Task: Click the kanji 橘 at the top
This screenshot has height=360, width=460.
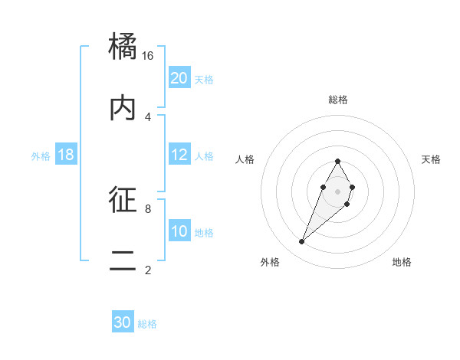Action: pos(124,47)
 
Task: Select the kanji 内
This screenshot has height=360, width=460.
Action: pos(124,108)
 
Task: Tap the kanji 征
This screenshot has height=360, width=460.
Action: pos(124,200)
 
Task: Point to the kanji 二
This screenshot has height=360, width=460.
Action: pos(124,260)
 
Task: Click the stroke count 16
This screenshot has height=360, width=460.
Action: pos(148,56)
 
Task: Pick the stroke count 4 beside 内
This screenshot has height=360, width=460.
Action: pos(148,116)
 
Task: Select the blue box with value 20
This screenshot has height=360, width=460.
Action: pos(179,78)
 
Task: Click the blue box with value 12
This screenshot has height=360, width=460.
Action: pos(179,155)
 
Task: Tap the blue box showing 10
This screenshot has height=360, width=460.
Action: pos(179,231)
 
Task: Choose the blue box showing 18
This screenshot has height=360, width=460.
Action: pos(66,155)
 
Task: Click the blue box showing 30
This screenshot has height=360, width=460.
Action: pos(123,322)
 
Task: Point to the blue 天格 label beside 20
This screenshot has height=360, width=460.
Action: pos(204,79)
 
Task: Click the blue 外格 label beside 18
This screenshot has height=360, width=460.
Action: pos(41,155)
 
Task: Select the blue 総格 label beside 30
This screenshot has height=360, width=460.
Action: pos(147,323)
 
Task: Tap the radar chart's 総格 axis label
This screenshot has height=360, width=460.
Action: pos(337,100)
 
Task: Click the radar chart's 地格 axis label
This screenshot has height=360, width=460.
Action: pos(402,262)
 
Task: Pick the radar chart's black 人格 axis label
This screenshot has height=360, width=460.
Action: pos(245,159)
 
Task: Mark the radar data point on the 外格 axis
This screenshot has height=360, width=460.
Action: pos(301,242)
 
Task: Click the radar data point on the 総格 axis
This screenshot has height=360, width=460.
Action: pos(337,161)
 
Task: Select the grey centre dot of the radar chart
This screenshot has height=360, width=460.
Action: pos(337,191)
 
